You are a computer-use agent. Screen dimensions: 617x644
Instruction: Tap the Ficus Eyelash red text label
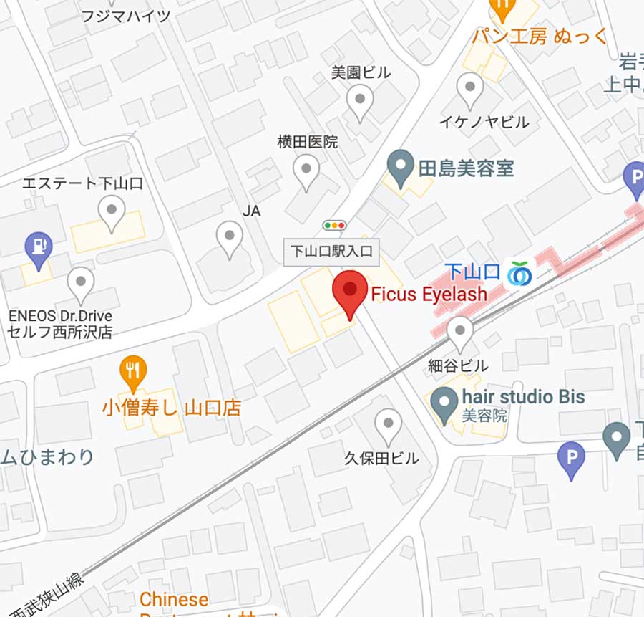(429, 293)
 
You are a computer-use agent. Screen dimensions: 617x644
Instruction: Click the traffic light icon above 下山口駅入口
(334, 225)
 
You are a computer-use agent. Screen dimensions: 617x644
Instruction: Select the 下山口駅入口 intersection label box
(333, 252)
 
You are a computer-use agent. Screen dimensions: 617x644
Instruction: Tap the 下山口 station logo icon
(520, 273)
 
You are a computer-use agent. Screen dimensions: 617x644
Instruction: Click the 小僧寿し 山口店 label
(171, 408)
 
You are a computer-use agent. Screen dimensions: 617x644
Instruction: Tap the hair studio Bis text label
(523, 396)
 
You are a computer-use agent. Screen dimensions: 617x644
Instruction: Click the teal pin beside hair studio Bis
(444, 403)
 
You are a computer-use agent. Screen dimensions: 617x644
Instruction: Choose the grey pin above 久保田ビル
(387, 425)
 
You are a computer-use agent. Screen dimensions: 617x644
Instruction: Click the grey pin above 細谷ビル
(459, 333)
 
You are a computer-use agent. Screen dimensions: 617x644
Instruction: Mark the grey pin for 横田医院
(307, 171)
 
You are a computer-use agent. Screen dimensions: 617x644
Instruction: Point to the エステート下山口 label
(82, 183)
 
